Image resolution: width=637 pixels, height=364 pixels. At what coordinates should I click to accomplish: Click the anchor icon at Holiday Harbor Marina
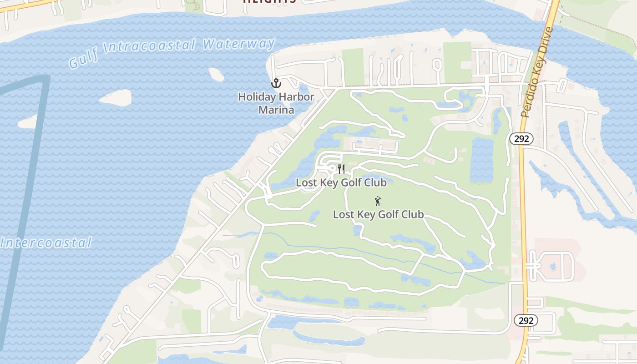(276, 83)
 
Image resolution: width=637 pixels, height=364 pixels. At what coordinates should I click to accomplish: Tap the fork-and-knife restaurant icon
(341, 169)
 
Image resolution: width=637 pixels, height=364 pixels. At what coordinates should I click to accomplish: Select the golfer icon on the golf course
(377, 201)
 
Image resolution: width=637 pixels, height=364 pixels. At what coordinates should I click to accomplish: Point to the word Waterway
(239, 45)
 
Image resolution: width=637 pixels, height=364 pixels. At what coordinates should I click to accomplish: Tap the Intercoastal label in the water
(46, 243)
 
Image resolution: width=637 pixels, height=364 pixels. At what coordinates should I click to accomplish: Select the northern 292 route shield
(521, 139)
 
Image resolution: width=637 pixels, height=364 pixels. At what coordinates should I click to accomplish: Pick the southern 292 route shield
(526, 320)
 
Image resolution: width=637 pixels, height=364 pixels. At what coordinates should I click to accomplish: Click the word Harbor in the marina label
(296, 97)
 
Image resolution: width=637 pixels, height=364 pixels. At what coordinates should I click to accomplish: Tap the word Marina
(276, 110)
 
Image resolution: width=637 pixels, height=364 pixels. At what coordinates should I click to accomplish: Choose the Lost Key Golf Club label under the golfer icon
(379, 214)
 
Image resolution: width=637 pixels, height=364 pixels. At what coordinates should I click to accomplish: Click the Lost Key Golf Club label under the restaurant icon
(341, 182)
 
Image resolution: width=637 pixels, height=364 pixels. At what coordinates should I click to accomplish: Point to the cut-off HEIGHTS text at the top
(269, 2)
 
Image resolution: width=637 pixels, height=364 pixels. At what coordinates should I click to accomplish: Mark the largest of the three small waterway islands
(116, 97)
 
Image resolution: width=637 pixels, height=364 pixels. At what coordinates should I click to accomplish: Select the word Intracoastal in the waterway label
(150, 48)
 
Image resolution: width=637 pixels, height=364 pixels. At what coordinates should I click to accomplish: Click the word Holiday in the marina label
(257, 97)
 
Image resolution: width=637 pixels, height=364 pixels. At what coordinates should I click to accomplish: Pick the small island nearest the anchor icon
(216, 74)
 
